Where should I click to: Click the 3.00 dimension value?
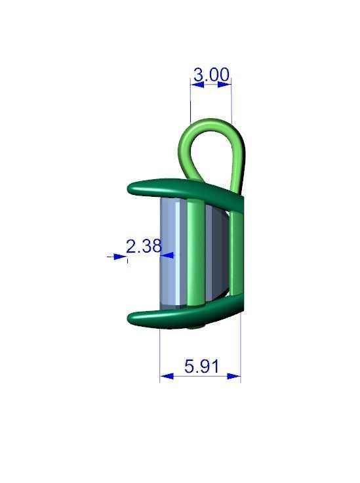[x=211, y=75]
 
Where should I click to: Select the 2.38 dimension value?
[x=143, y=247]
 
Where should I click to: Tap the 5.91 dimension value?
[x=201, y=366]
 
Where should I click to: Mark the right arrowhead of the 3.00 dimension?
[x=227, y=83]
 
